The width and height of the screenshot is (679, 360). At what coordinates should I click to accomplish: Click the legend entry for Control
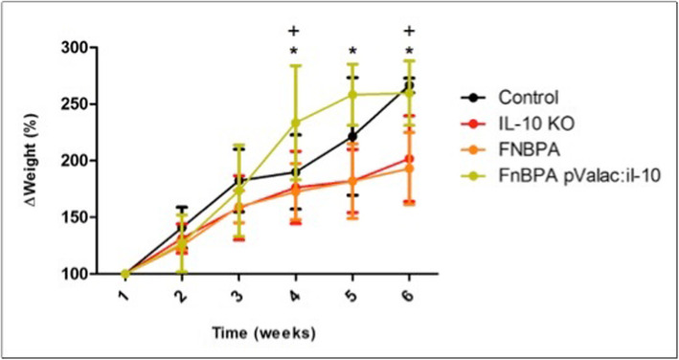pos(513,96)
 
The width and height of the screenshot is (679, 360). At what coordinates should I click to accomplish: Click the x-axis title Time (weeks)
pos(263,333)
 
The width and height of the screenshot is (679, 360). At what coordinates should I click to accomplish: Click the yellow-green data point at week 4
pos(296,123)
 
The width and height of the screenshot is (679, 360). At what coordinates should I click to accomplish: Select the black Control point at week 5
pos(352,137)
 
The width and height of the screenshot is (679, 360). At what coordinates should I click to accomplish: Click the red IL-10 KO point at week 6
pos(410,159)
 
